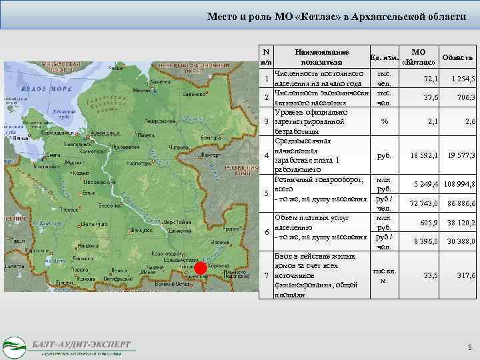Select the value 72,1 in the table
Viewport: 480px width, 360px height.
tap(429, 79)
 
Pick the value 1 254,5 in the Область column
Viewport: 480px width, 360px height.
tap(461, 79)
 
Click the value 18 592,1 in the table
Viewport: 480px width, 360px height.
tap(424, 155)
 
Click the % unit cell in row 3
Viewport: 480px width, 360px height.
tap(383, 121)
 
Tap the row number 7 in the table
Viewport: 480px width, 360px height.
tap(266, 275)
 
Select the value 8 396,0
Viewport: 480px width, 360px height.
tap(425, 241)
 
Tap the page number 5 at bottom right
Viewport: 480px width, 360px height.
tap(469, 347)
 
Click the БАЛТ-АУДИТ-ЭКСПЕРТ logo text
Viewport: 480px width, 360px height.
tap(81, 343)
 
